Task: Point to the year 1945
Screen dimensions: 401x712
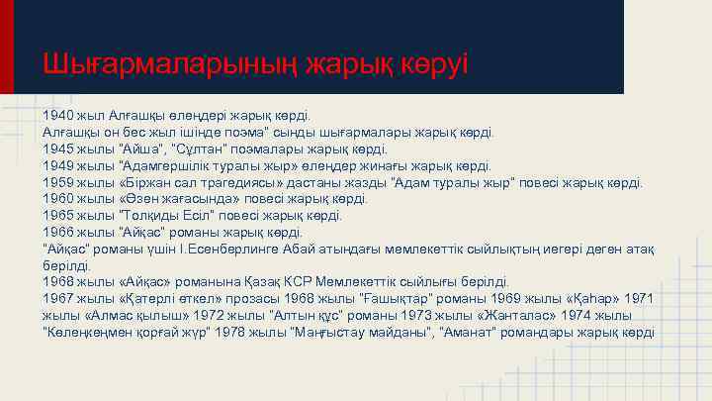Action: pyautogui.click(x=58, y=148)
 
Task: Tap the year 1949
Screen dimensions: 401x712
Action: pyautogui.click(x=58, y=164)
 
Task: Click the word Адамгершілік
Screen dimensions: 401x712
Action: pyautogui.click(x=156, y=164)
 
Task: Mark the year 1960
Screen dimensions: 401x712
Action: pyautogui.click(x=58, y=198)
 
